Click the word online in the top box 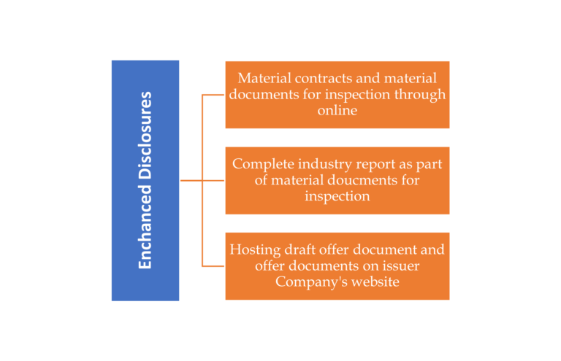pos(337,110)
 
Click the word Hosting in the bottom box pos(253,249)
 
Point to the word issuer pos(399,265)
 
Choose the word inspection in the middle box pos(337,195)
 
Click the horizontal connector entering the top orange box pos(213,95)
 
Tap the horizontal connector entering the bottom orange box pos(213,266)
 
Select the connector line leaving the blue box pos(191,180)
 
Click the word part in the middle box pos(426,163)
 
